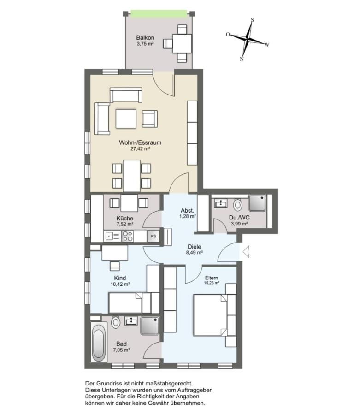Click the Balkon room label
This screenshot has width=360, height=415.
145,38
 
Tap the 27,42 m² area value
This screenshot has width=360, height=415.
140,149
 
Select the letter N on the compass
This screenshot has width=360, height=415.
242,59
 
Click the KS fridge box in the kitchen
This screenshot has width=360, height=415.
153,236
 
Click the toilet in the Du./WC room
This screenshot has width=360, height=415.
238,205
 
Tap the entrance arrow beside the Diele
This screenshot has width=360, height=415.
246,251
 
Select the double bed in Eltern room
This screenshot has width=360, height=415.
211,315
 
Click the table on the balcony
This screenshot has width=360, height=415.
182,44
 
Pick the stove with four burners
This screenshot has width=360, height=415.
128,236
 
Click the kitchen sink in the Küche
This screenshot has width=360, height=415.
112,236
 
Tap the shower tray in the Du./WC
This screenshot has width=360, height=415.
257,203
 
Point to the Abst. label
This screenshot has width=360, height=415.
188,211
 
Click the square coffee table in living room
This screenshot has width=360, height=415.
126,119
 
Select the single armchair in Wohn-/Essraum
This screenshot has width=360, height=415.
150,119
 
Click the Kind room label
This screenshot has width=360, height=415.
120,278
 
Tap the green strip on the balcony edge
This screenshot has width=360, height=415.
159,13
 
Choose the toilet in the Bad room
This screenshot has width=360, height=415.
116,322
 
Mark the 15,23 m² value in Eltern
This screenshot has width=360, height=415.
212,283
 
